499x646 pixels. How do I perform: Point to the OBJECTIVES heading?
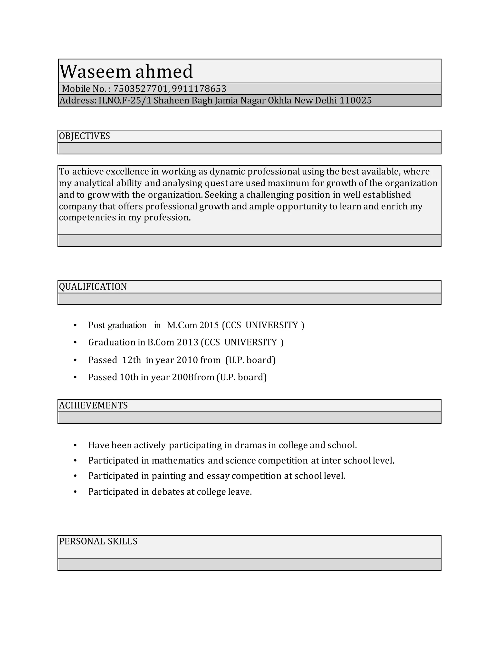(85, 136)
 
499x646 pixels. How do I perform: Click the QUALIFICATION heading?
(93, 287)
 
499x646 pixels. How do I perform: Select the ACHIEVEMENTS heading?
(93, 406)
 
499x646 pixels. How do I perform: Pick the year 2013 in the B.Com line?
(187, 343)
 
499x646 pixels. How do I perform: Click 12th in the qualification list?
(132, 360)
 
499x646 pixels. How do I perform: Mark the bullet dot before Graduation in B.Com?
(75, 343)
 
